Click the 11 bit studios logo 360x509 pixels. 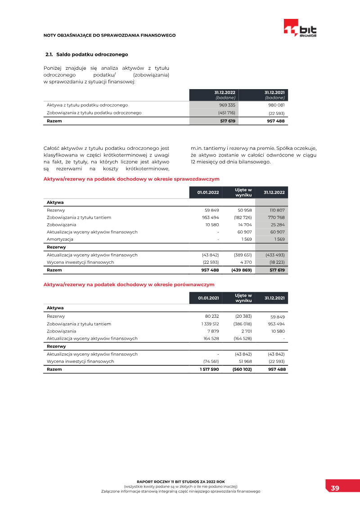pos(300,28)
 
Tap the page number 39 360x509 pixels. pos(335,488)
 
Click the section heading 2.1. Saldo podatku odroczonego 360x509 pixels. pos(87,54)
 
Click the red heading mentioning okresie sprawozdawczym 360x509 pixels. pos(131,179)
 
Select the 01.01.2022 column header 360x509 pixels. pos(208,193)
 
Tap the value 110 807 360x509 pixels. pos(277,210)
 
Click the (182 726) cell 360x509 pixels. pos(243,217)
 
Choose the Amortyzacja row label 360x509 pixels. pos(60,239)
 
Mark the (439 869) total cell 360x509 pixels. pos(242,270)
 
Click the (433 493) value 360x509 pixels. pos(275,255)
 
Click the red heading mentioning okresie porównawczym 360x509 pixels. pos(129,284)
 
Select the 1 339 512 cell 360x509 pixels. pos(210,324)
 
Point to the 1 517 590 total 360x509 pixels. pos(209,369)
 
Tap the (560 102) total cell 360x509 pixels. pos(242,369)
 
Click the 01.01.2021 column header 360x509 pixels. pos(208,298)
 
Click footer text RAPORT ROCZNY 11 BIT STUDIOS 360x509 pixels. pos(180,482)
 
